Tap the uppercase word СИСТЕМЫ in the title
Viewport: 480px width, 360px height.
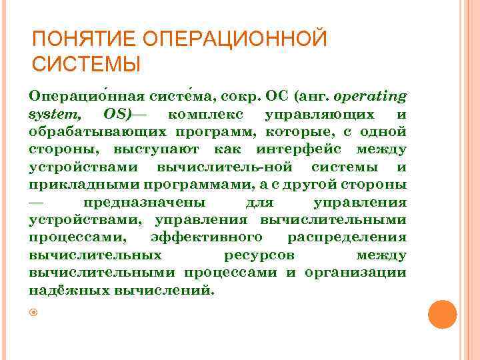tap(86, 65)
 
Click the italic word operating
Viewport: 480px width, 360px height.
tap(374, 97)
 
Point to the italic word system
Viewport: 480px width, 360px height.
tap(54, 114)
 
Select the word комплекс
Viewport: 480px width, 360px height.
tap(207, 114)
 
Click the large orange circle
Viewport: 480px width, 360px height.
tap(442, 314)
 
